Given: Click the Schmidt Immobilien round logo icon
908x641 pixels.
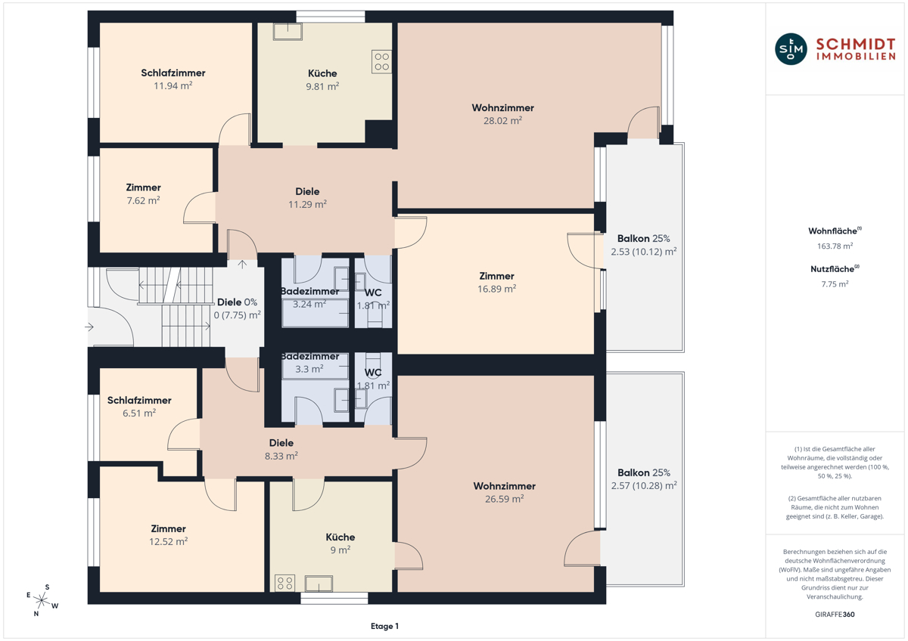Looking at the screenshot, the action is click(x=791, y=49).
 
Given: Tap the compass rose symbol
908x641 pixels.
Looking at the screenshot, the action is click(x=42, y=600).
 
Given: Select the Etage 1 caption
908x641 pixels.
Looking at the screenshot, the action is click(x=384, y=626).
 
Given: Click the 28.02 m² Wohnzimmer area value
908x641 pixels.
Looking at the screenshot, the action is click(x=502, y=121).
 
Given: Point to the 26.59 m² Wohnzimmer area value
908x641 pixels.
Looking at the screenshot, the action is click(x=504, y=499).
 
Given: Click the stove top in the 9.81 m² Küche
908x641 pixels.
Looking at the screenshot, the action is click(x=381, y=61).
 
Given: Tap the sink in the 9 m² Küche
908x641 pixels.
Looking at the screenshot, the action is click(x=319, y=584).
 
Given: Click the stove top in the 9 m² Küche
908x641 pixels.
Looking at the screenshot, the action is click(x=285, y=584).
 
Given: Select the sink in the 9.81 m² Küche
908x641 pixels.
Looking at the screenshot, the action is click(x=288, y=31).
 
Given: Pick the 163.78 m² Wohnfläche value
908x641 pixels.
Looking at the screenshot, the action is click(x=835, y=246).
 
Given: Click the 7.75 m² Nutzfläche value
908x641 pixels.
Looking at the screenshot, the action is click(x=835, y=284).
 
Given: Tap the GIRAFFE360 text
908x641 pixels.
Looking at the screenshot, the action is click(x=835, y=615).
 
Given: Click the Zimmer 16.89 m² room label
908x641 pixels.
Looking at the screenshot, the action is click(x=496, y=283).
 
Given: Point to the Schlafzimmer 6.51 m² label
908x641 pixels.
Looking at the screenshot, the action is click(x=139, y=407).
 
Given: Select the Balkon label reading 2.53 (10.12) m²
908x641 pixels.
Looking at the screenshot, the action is click(x=644, y=245).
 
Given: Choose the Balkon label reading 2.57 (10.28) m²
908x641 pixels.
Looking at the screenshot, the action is click(x=644, y=479).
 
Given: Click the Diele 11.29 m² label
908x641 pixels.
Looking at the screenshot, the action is click(x=307, y=198).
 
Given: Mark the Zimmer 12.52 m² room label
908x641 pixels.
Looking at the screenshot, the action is click(x=168, y=535).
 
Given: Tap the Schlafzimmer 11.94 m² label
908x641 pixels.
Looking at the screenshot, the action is click(x=173, y=79).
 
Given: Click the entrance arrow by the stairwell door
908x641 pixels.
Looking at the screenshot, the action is click(x=89, y=327).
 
